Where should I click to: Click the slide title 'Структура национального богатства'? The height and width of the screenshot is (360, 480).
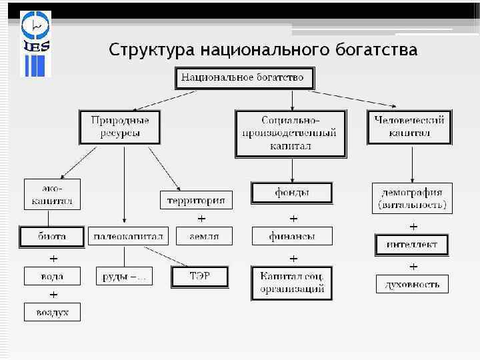(263, 50)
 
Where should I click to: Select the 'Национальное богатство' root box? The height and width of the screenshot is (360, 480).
(244, 78)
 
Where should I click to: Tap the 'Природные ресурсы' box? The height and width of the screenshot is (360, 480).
(120, 127)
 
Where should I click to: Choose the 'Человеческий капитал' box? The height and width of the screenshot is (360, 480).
(409, 127)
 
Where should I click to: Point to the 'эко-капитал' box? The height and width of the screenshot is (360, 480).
(52, 193)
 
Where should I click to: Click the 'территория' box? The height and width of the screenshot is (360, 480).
(196, 199)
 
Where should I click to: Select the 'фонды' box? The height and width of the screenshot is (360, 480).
(292, 193)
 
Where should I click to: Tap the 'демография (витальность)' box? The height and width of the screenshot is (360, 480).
(412, 198)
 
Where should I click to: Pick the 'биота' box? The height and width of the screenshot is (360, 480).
(52, 236)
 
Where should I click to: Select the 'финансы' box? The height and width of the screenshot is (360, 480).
(292, 236)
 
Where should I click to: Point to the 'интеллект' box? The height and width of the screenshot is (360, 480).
(412, 245)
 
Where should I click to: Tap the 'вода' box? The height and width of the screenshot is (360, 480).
(52, 276)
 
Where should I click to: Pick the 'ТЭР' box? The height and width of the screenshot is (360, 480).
(201, 276)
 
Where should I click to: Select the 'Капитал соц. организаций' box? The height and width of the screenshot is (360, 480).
(292, 283)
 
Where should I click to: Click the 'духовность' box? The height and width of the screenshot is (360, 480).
(412, 284)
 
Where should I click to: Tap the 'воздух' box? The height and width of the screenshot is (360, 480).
(52, 312)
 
